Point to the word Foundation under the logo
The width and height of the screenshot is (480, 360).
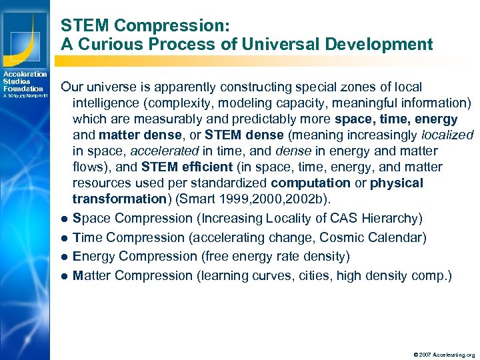[23, 89]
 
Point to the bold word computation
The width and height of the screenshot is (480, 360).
[310, 183]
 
